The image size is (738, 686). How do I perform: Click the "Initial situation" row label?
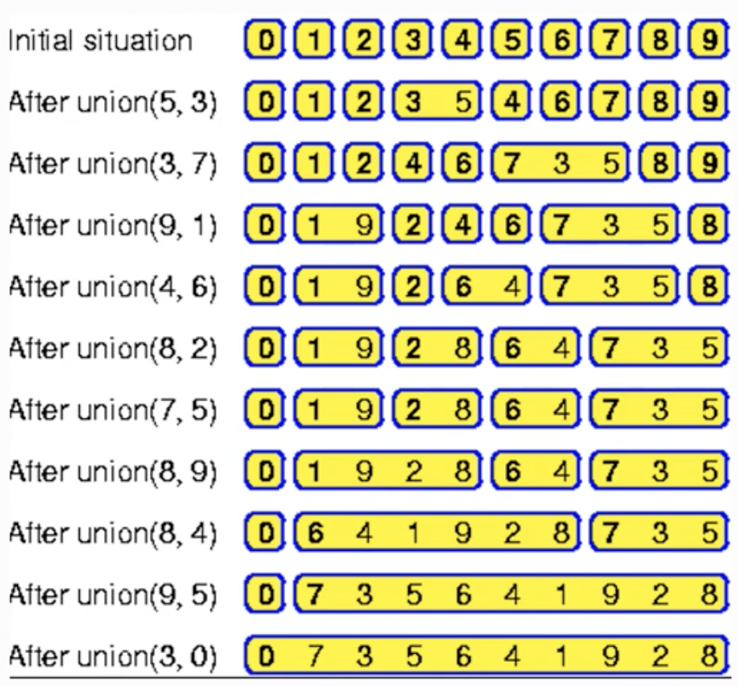(x=100, y=42)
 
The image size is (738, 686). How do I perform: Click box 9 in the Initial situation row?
(x=708, y=42)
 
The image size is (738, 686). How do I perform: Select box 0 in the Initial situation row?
(x=263, y=42)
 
